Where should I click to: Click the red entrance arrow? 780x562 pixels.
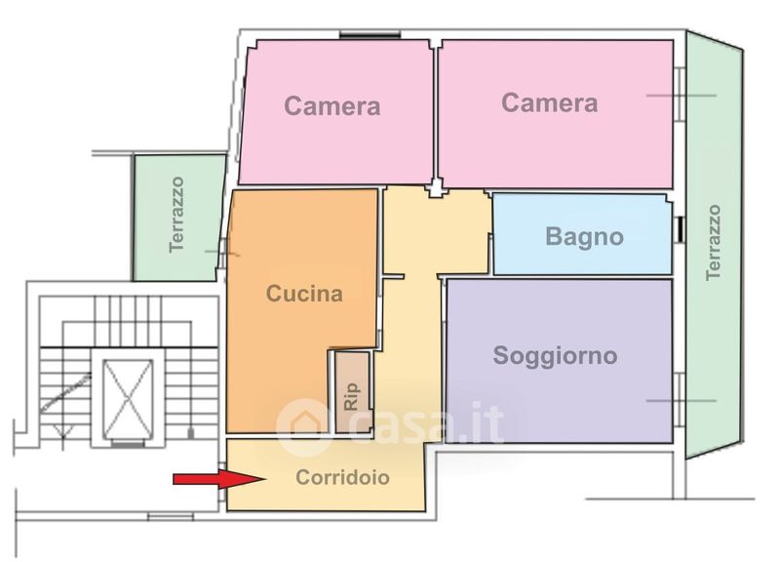point(218,479)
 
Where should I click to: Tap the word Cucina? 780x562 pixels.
point(304,294)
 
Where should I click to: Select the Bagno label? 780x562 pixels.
point(584,237)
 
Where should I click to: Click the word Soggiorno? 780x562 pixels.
point(555,356)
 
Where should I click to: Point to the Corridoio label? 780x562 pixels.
point(343,477)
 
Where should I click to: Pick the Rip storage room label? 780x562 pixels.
point(351,397)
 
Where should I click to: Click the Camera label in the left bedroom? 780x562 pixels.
point(332,106)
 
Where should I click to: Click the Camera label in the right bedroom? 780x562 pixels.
point(550,103)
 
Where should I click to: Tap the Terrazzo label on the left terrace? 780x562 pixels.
point(176,215)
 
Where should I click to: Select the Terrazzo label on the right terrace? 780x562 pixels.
point(713,242)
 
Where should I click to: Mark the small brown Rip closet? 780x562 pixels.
point(353,393)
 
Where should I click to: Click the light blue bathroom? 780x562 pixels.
point(582,234)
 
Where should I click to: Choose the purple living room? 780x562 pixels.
point(559,361)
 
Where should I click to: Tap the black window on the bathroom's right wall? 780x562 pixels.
point(681,229)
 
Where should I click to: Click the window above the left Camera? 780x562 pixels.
point(370,34)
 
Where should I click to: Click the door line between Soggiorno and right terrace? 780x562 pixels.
point(682,401)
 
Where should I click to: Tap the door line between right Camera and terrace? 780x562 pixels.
point(682,95)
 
